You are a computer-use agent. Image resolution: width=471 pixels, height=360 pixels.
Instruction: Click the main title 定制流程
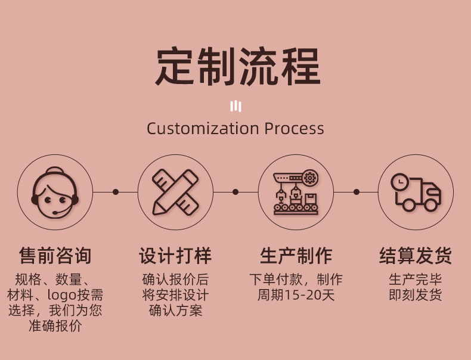point(238,67)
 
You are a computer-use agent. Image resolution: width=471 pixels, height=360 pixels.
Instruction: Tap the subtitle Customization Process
point(235,129)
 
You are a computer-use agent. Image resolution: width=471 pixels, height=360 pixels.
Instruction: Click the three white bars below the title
point(235,107)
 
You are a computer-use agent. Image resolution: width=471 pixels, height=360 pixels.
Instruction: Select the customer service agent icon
point(55,192)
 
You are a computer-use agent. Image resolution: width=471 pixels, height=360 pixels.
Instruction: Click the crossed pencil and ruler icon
point(175,192)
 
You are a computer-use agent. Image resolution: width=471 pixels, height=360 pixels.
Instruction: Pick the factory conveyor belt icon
point(295,192)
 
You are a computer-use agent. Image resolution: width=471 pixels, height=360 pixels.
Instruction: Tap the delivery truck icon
point(416,192)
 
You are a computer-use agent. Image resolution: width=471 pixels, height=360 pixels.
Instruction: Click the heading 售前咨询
point(55,256)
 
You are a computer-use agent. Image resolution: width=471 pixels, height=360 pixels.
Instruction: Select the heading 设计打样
point(175,256)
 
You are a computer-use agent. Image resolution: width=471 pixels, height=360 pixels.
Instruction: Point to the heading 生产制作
point(296,256)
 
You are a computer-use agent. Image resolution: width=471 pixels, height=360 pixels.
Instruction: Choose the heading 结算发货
point(416,256)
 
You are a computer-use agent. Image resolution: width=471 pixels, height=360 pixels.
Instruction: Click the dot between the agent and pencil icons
point(116,192)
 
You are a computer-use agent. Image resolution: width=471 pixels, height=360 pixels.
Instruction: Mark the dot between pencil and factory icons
point(235,192)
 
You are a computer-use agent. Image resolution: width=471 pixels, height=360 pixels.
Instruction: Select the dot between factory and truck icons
point(356,192)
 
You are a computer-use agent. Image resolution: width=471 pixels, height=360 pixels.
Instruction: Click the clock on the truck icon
point(399,181)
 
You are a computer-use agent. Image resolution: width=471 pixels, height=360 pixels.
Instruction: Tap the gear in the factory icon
point(309,178)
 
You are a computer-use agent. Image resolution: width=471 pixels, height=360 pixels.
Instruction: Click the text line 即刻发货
point(416,294)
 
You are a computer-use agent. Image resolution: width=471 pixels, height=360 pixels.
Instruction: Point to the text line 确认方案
point(175,310)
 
